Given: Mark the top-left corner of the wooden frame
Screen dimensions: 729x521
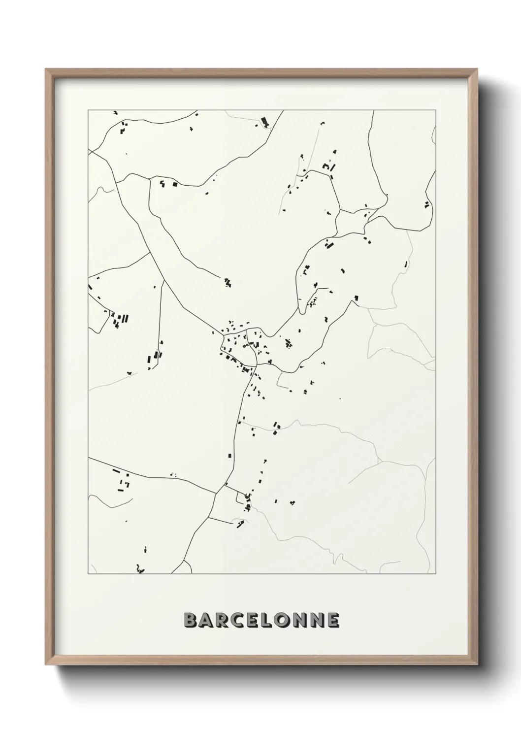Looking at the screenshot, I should [46, 69].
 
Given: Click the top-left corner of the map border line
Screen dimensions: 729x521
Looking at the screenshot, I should [88, 110].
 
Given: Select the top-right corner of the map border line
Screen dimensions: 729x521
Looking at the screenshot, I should [436, 110].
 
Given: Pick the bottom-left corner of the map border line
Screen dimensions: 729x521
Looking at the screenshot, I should [88, 574].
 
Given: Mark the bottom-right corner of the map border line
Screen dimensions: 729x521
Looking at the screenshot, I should [436, 574].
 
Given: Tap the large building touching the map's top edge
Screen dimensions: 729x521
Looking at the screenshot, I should [265, 121].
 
